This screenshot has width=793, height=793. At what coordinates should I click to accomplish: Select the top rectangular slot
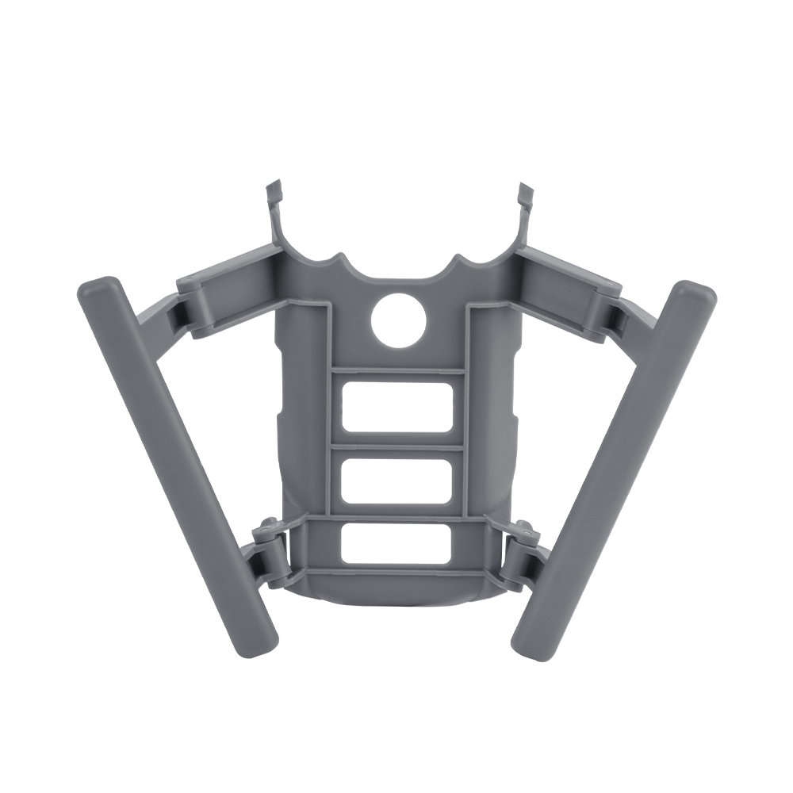[x=397, y=408]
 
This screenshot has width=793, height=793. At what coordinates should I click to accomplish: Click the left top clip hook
[x=273, y=194]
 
